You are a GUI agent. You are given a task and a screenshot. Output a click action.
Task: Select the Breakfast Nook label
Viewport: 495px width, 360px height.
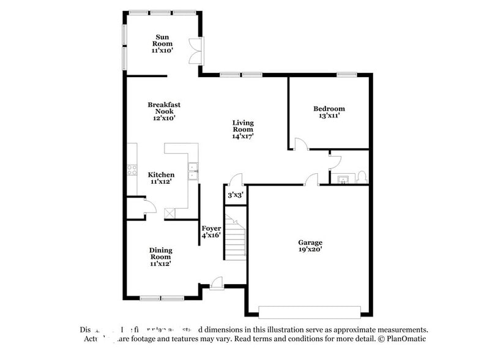point(164,108)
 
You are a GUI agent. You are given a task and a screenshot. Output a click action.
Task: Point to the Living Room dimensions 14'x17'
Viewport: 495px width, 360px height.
point(242,137)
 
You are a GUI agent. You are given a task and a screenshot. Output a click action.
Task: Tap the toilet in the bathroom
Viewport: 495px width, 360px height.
point(361,178)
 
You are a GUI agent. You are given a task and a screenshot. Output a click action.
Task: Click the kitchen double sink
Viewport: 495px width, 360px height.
point(193,171)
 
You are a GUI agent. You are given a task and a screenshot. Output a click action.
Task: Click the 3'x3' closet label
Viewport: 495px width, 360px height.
point(235,195)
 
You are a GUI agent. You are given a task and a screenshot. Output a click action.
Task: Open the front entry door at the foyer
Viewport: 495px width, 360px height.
point(215,282)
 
